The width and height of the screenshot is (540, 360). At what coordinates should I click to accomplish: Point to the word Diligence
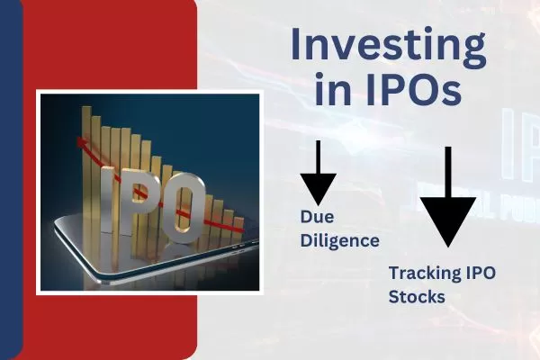[x=338, y=240]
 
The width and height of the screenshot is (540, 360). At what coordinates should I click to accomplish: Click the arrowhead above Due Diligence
[x=318, y=188]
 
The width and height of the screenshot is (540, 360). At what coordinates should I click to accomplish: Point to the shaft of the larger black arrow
[x=447, y=170]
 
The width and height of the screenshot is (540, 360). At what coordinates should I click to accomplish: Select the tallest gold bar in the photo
[x=88, y=153]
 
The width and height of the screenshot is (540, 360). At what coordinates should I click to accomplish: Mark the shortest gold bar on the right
[x=238, y=229]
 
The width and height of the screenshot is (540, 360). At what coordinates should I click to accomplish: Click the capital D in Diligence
[x=306, y=240]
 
